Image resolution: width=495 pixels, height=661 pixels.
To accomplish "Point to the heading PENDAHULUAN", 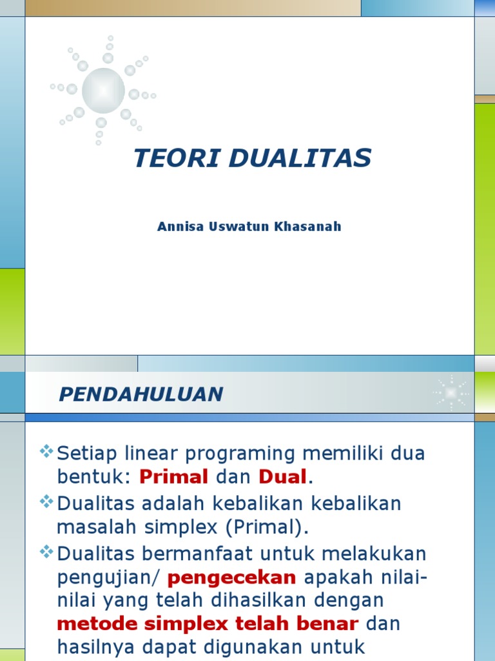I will pos(141,394).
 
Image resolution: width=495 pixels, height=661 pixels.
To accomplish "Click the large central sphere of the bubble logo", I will pos(103,90).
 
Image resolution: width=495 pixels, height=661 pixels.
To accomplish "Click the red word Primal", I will pos(174,477).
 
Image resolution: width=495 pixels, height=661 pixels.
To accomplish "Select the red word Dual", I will pos(283,477).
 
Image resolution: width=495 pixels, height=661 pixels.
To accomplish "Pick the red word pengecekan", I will pos(241,576).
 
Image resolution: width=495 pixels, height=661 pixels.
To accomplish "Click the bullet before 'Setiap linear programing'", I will pos(46,451).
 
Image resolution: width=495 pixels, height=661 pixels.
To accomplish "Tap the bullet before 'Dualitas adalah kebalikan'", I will pos(46,501).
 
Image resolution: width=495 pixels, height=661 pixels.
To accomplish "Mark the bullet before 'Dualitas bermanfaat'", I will pos(46,551).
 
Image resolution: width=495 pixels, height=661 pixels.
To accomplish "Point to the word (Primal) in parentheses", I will pos(266,527).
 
